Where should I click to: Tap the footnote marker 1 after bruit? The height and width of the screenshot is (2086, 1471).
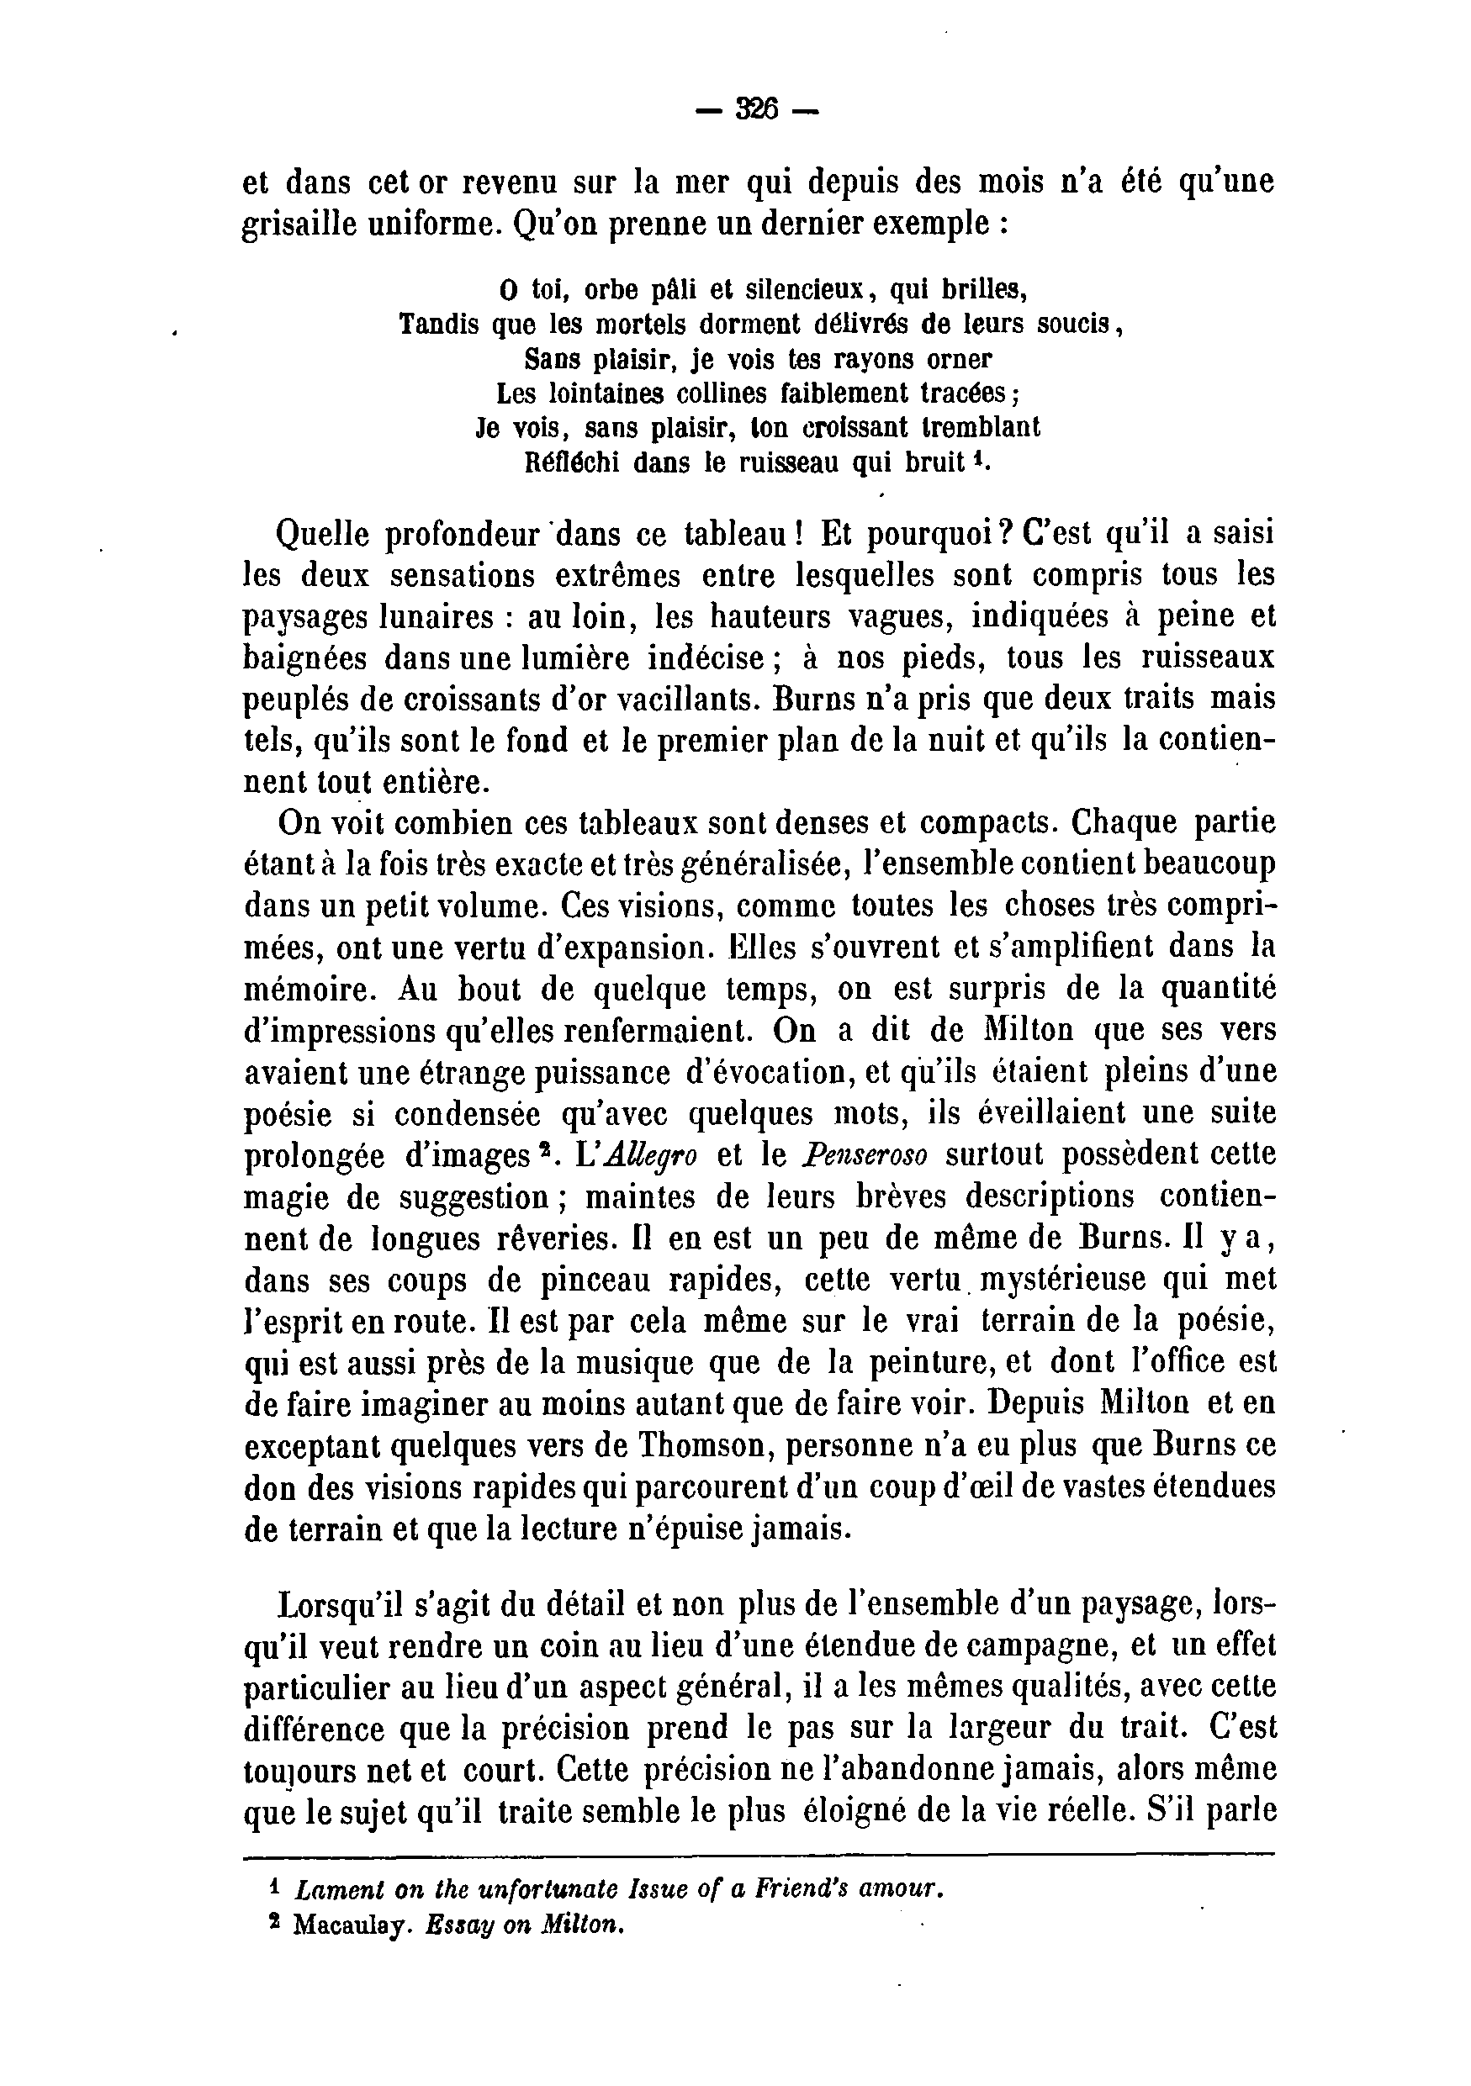977,457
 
